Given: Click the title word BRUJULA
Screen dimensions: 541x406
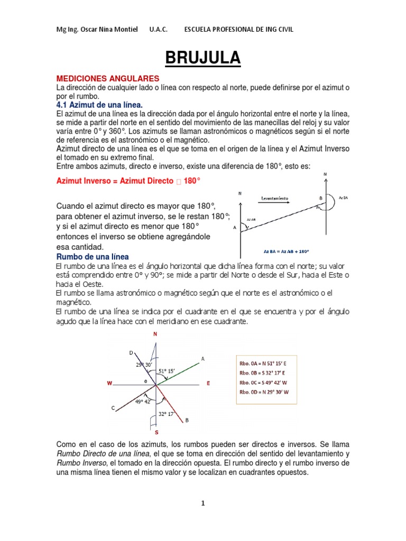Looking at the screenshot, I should pyautogui.click(x=203, y=57).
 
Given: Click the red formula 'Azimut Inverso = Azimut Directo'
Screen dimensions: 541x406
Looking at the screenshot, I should pyautogui.click(x=115, y=181).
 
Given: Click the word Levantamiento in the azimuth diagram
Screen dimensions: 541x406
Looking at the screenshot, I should pyautogui.click(x=274, y=198).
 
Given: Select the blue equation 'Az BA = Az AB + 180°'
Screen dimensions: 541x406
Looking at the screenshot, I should pyautogui.click(x=286, y=251).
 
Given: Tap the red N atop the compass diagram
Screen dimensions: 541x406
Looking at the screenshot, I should pyautogui.click(x=155, y=334).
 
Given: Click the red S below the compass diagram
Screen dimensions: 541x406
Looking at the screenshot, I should pyautogui.click(x=156, y=432).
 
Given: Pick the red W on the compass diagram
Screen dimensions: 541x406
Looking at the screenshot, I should pyautogui.click(x=109, y=384).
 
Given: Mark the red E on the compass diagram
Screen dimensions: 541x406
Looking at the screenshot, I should pyautogui.click(x=208, y=384).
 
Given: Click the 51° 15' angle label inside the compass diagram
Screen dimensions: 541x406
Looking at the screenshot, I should pyautogui.click(x=168, y=371).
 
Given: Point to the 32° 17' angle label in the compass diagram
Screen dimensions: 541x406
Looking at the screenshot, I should pyautogui.click(x=166, y=414).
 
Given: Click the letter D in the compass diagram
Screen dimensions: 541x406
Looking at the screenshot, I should pyautogui.click(x=131, y=352).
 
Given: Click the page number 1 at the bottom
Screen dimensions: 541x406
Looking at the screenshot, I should pyautogui.click(x=202, y=503).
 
